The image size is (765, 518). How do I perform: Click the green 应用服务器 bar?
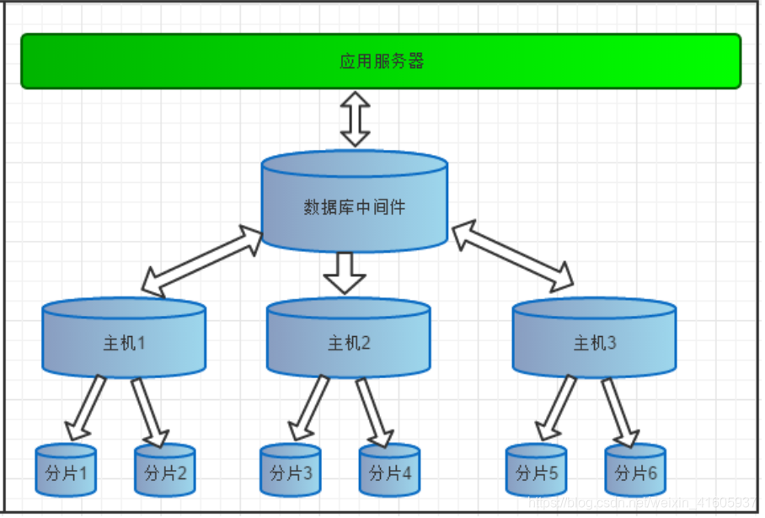click(x=381, y=61)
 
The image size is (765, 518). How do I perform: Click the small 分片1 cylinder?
click(x=66, y=472)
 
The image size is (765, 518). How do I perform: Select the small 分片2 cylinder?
click(x=165, y=472)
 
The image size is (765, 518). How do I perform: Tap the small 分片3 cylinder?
click(x=290, y=472)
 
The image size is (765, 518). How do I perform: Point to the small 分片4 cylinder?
click(x=389, y=472)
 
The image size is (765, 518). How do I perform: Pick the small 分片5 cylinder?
click(x=536, y=472)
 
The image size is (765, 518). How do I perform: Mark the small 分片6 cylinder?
click(x=635, y=472)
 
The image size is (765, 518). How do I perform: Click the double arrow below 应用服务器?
click(x=355, y=120)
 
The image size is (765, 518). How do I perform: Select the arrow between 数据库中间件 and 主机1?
click(x=203, y=260)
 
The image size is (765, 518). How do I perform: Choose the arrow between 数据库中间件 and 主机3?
click(x=512, y=257)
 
